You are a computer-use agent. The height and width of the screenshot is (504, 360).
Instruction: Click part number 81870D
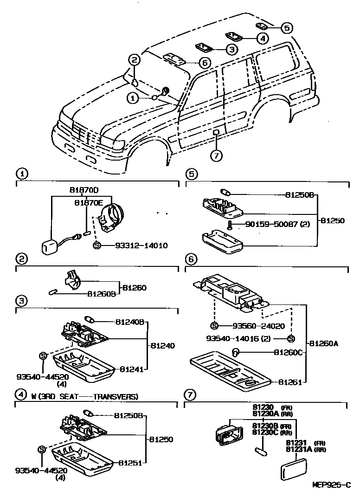84,190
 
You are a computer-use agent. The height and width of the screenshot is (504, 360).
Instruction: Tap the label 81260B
101,293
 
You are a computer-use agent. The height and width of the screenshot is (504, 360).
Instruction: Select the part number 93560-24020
253,326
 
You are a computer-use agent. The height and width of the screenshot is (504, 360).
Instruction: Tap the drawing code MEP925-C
331,485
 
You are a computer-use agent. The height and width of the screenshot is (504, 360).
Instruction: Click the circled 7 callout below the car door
216,155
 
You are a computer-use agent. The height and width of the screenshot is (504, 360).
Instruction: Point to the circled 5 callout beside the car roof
287,28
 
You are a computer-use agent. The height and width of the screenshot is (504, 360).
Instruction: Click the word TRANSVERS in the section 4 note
115,396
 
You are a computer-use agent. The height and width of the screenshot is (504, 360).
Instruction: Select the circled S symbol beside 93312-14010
97,245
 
